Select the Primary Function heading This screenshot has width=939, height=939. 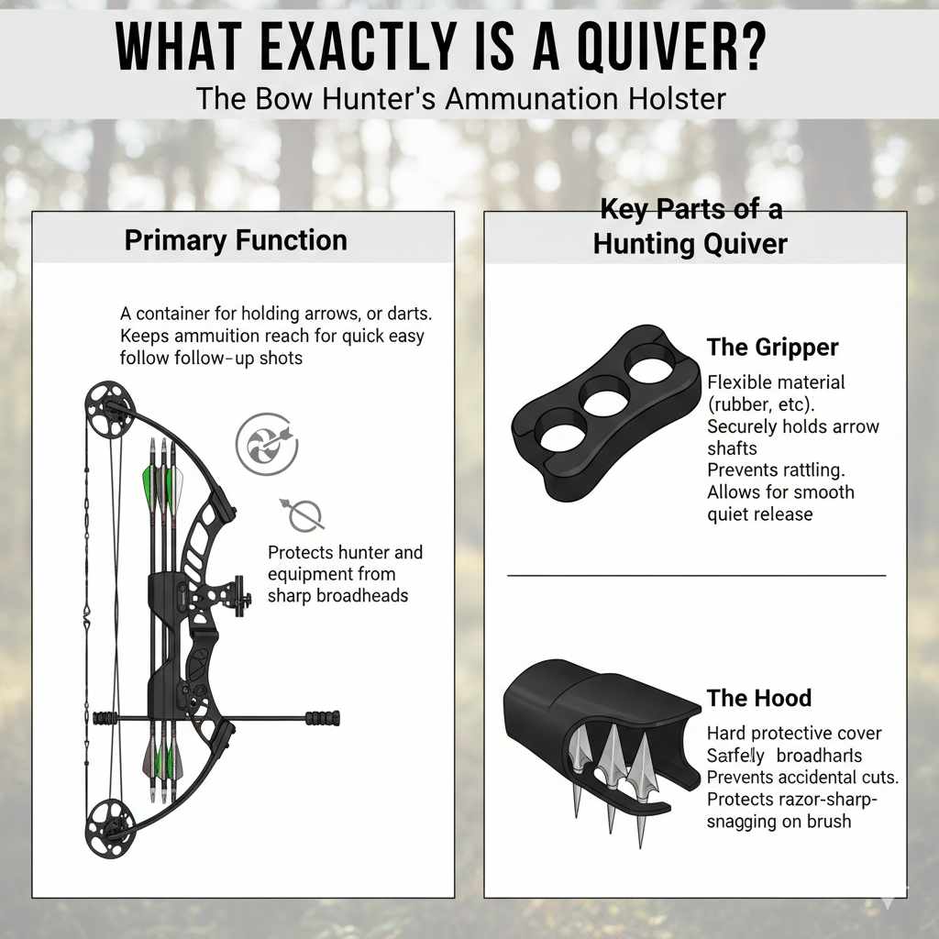click(236, 240)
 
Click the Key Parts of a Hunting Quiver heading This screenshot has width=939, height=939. click(690, 226)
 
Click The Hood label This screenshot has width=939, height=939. click(758, 698)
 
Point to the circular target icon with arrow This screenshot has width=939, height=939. click(260, 443)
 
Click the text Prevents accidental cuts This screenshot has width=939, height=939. click(802, 777)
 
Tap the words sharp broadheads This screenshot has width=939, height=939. click(337, 596)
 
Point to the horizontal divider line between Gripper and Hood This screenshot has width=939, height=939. click(696, 575)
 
